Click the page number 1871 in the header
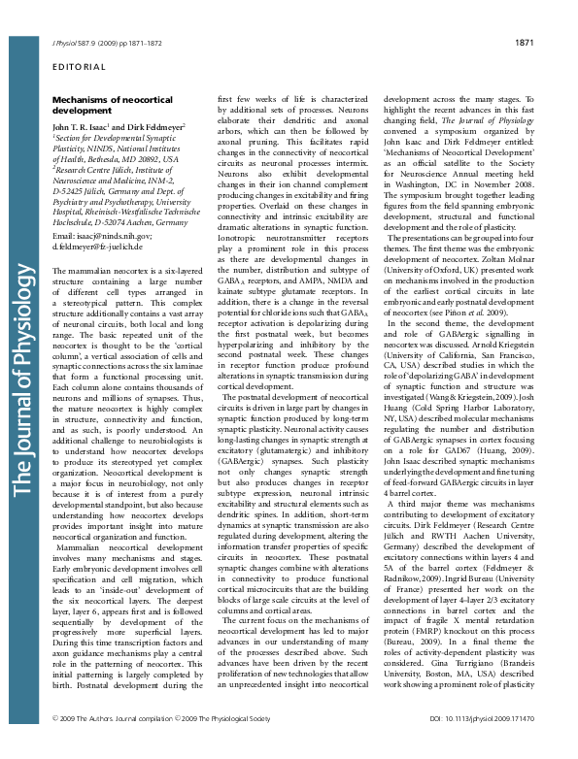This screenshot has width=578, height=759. coord(525,44)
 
